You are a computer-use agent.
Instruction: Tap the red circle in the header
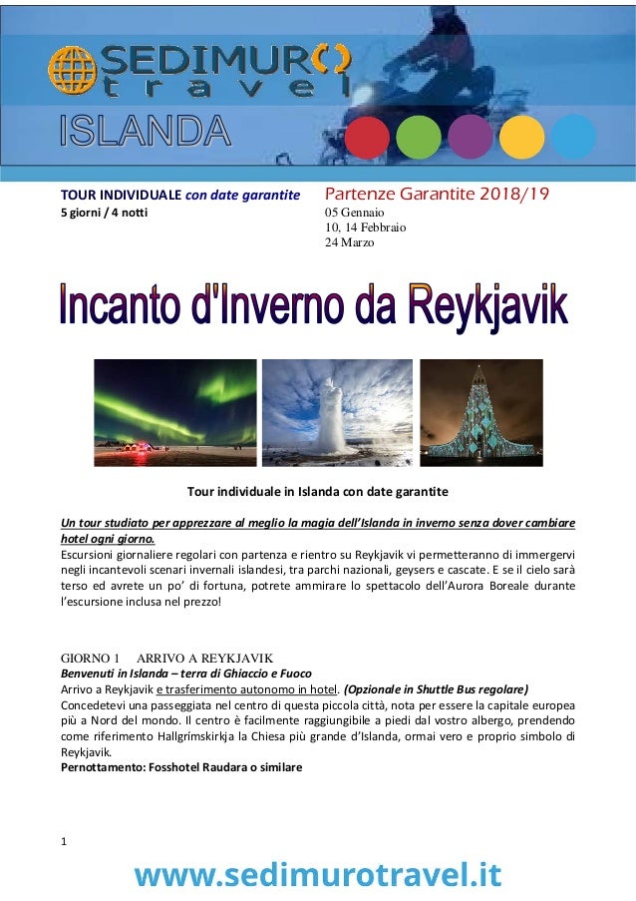tap(367, 138)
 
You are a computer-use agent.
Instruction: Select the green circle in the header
tap(418, 138)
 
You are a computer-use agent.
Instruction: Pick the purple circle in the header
tap(470, 138)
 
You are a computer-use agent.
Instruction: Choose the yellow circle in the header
tap(521, 138)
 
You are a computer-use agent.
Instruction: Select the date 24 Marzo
tap(350, 242)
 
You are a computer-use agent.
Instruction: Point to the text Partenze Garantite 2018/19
tap(437, 194)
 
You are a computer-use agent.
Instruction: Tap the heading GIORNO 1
tap(91, 659)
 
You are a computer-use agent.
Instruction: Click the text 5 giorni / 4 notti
tap(103, 213)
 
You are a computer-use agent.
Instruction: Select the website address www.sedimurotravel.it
tap(318, 875)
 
